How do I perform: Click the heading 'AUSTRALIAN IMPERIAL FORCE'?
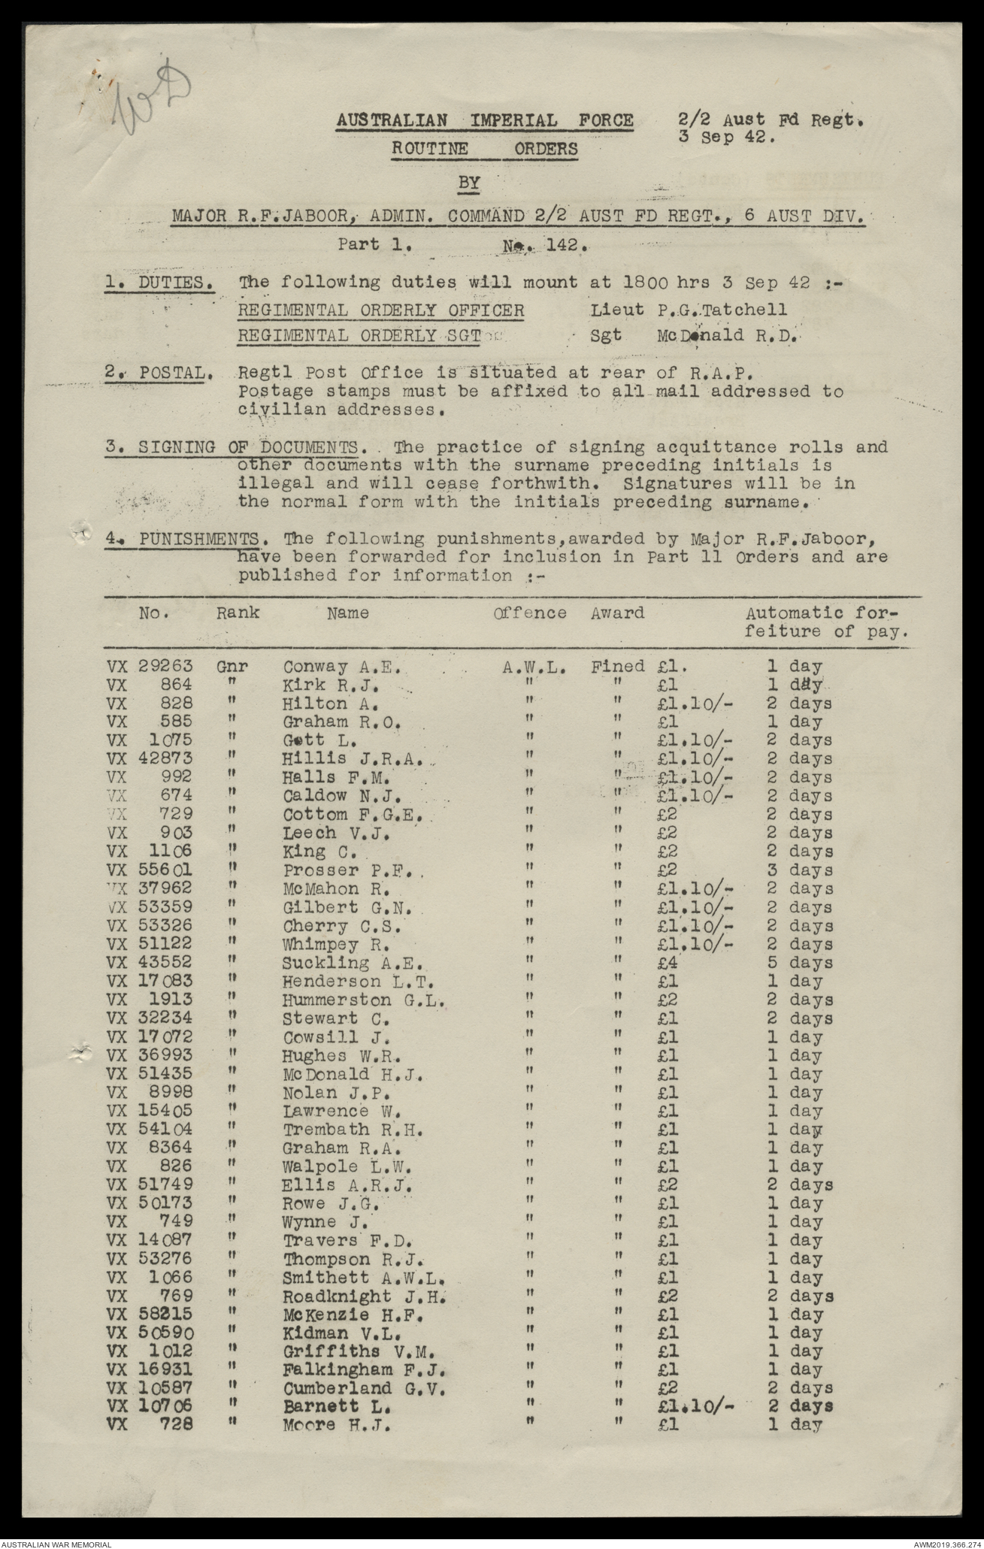[x=484, y=120]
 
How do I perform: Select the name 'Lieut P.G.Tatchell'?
[x=689, y=310]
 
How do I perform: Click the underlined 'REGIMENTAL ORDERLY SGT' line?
[x=359, y=335]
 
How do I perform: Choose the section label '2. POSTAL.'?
[x=157, y=373]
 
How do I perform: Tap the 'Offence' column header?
[x=530, y=613]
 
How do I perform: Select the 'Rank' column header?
[x=238, y=613]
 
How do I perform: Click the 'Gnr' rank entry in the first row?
[x=232, y=667]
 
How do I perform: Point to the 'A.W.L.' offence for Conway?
[x=534, y=667]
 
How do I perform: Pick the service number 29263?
[x=165, y=667]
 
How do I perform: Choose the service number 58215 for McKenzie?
[x=165, y=1315]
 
